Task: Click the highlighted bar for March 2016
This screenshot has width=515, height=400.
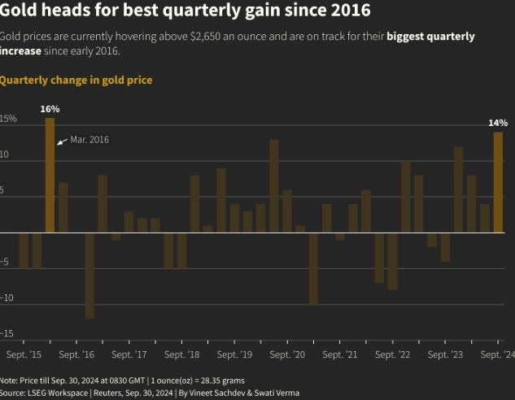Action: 50,175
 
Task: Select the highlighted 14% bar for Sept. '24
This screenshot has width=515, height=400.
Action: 498,182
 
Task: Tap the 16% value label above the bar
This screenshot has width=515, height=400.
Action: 50,108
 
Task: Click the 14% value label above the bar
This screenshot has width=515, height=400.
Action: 498,123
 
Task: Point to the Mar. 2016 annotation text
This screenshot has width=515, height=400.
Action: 89,140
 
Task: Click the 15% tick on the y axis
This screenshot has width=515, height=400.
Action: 8,119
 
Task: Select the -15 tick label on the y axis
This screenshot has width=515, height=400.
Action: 7,333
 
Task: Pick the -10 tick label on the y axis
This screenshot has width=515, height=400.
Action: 7,298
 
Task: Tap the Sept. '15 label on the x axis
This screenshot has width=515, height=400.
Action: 24,355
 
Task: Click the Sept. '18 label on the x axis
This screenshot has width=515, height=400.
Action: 181,355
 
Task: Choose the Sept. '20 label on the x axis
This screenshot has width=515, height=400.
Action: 287,355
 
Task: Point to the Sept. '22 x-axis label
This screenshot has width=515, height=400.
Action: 392,355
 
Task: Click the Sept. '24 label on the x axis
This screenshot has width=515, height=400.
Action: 496,355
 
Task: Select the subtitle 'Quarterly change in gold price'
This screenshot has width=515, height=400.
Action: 76,80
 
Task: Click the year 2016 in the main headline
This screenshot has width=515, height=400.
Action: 344,11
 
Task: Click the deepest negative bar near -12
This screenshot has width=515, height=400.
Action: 89,276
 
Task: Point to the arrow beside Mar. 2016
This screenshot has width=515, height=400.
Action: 61,141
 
